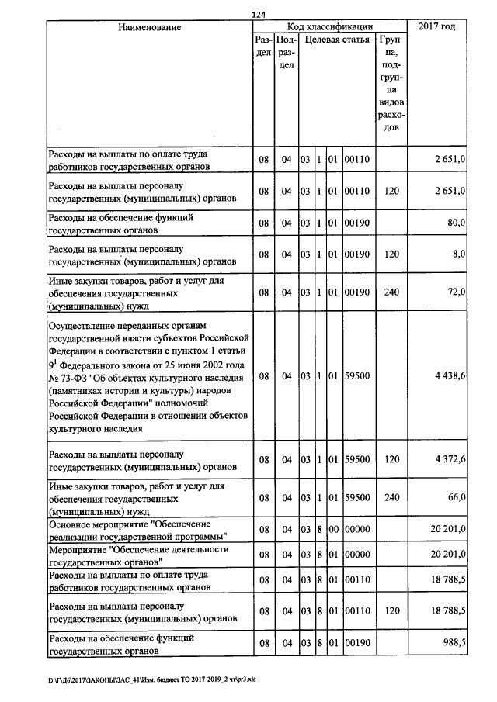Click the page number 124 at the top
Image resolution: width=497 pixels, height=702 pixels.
click(259, 15)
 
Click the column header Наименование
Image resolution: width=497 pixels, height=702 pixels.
click(149, 27)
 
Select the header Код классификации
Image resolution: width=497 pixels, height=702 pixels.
click(329, 27)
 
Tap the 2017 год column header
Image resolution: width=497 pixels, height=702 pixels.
click(437, 27)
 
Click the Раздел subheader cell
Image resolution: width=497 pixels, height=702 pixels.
click(263, 45)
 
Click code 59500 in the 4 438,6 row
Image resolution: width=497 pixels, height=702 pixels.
click(356, 375)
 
